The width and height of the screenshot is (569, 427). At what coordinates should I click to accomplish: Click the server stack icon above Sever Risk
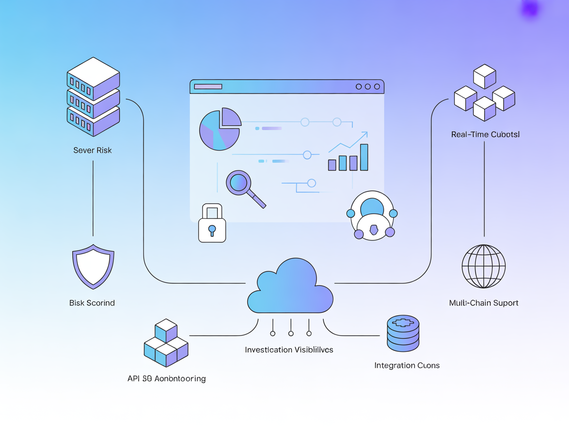click(93, 97)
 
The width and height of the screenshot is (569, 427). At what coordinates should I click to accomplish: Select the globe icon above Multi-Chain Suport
click(484, 266)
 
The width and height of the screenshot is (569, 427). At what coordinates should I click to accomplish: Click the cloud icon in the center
click(290, 289)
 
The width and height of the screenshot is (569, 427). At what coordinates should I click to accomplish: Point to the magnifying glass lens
click(239, 182)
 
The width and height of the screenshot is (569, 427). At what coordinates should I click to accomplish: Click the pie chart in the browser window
click(220, 129)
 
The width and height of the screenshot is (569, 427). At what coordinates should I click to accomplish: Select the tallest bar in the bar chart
click(364, 157)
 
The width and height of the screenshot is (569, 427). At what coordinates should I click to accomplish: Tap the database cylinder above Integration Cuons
click(403, 334)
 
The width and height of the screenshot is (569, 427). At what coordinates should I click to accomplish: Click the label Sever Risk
click(92, 150)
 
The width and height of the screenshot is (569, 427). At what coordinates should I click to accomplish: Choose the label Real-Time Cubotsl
click(485, 134)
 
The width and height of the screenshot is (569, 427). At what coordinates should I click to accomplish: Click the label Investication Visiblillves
click(289, 350)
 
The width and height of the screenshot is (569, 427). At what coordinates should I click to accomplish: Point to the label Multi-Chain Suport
click(484, 303)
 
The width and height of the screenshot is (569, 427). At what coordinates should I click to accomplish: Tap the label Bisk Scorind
click(92, 303)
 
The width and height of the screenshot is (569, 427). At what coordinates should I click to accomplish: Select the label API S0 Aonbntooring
click(166, 379)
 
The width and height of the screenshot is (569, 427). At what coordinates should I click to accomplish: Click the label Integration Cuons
click(407, 366)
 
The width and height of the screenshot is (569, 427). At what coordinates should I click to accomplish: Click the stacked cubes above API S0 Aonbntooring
click(166, 343)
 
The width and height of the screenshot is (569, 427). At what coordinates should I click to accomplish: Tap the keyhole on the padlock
click(212, 230)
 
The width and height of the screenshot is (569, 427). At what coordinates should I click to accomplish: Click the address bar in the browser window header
click(208, 86)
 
